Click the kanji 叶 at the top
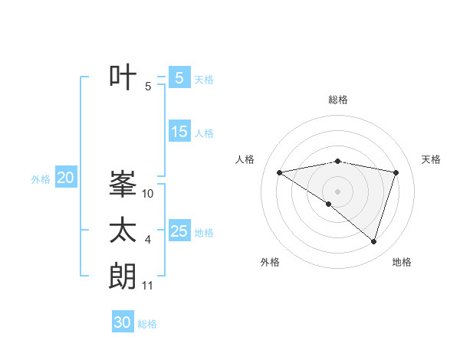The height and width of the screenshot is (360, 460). [x=123, y=77]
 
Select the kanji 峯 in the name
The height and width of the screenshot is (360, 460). [x=123, y=184]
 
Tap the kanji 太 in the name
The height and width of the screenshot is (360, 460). [x=123, y=231]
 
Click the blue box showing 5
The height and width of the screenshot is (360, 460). [x=179, y=77]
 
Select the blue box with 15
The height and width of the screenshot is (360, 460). [x=179, y=132]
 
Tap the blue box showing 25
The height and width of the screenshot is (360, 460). [x=179, y=231]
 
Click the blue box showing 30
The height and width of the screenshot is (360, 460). [x=123, y=322]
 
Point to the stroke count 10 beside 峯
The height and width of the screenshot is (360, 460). [x=148, y=194]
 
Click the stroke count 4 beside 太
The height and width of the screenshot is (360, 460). [x=148, y=241]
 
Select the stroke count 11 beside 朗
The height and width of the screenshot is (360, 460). [x=148, y=286]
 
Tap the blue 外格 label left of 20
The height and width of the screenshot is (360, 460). [x=41, y=179]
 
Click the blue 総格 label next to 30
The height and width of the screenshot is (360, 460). [x=147, y=324]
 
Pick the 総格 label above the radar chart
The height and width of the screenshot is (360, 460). [x=338, y=100]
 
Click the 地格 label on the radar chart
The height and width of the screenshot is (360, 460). [x=402, y=262]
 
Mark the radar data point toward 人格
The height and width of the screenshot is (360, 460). [x=280, y=172]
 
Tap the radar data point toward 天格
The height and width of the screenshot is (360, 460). [x=396, y=172]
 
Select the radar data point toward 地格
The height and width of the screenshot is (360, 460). [x=373, y=241]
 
